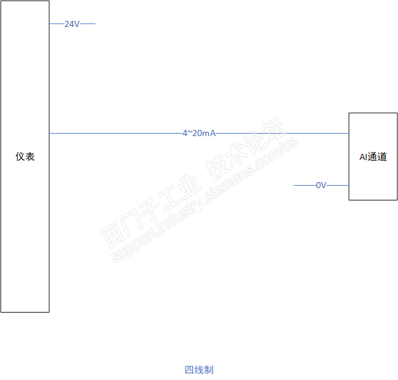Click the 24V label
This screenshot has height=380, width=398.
point(72,24)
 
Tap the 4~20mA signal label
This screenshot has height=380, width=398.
point(199,133)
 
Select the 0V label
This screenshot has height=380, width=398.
point(321,185)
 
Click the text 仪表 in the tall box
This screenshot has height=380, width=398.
point(25,157)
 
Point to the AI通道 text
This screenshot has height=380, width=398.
point(373,157)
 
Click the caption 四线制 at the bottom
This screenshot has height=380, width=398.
point(199,370)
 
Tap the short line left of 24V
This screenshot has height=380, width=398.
point(56,24)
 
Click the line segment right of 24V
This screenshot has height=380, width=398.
point(88,24)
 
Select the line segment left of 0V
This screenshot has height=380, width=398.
point(304,185)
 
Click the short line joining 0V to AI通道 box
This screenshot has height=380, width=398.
point(337,185)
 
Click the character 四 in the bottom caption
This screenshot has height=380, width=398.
point(189,370)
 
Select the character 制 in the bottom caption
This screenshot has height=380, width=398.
point(209,370)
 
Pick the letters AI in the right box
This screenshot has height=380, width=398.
point(363,157)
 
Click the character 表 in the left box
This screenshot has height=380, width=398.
point(30,157)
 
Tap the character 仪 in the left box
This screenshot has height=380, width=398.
point(20,157)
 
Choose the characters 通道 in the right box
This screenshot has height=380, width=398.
point(377,157)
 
